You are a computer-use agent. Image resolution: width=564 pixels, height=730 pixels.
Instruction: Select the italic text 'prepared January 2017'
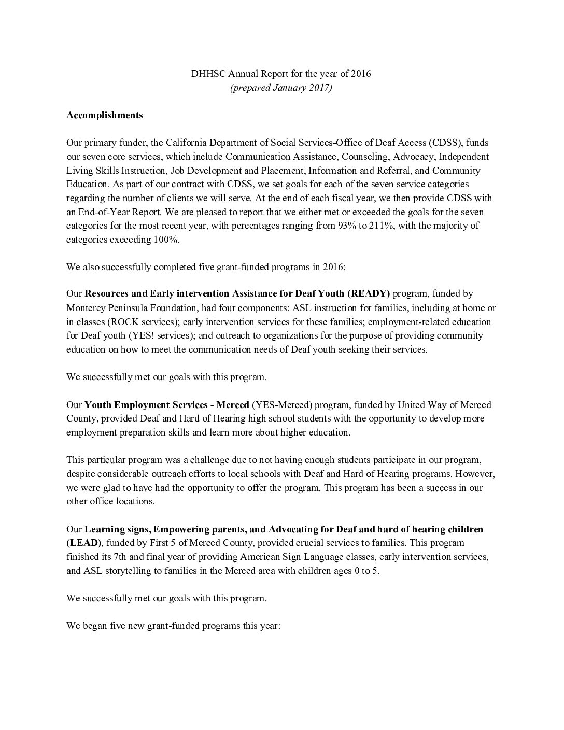[x=281, y=88]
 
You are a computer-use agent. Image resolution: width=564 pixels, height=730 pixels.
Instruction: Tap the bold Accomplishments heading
[x=105, y=115]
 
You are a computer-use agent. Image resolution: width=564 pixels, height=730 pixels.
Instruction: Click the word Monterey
[x=85, y=308]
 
